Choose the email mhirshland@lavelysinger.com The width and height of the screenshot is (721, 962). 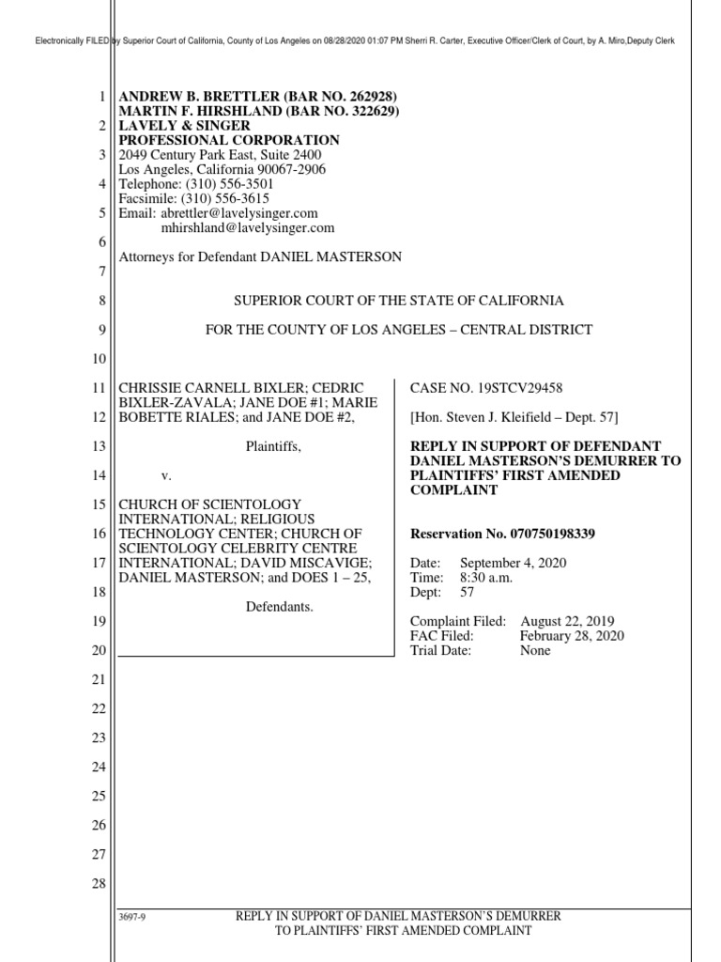point(248,227)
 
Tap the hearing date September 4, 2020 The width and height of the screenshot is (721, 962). point(519,564)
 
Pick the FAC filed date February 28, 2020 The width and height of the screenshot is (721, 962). point(572,636)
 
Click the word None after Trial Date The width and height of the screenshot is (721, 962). point(535,650)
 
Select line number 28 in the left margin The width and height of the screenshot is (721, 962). point(100,884)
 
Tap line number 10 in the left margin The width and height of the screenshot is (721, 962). point(100,360)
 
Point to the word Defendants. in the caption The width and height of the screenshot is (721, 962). point(280,607)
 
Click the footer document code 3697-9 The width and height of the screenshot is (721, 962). point(130,917)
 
